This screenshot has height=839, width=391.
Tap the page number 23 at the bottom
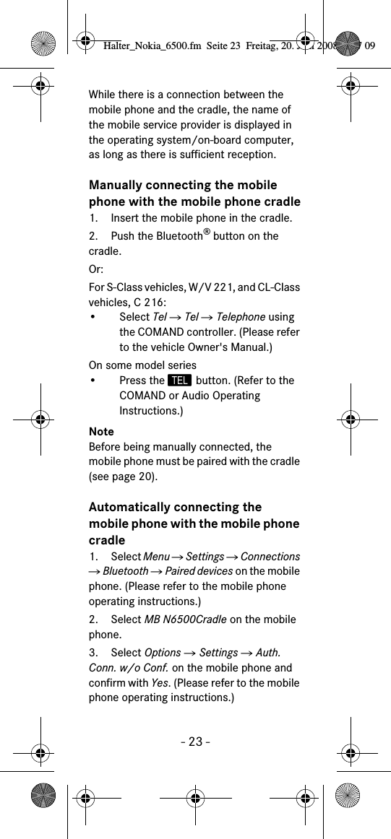(x=194, y=742)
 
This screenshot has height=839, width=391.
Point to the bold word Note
(x=101, y=432)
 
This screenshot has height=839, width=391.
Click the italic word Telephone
(x=241, y=317)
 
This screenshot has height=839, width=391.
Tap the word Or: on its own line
(x=96, y=269)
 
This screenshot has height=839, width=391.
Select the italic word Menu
(x=157, y=557)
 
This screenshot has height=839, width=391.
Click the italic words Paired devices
(x=199, y=571)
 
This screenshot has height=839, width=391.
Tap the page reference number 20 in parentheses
(x=145, y=477)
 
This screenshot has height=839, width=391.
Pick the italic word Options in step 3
(x=163, y=653)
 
